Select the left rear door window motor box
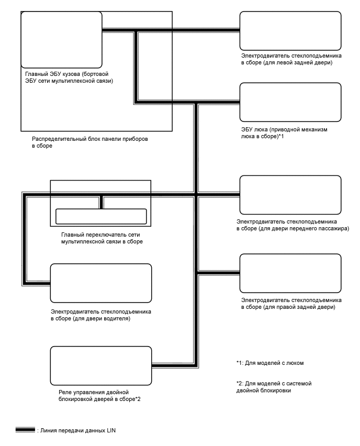[290, 30]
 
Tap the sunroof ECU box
[290, 103]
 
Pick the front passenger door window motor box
[290, 195]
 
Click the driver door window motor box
[101, 283]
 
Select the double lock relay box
[101, 365]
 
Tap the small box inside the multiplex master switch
[101, 216]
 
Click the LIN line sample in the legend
[25, 430]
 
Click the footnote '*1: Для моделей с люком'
[269, 363]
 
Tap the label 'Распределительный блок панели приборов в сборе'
[90, 142]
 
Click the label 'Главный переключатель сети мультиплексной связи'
[102, 239]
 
